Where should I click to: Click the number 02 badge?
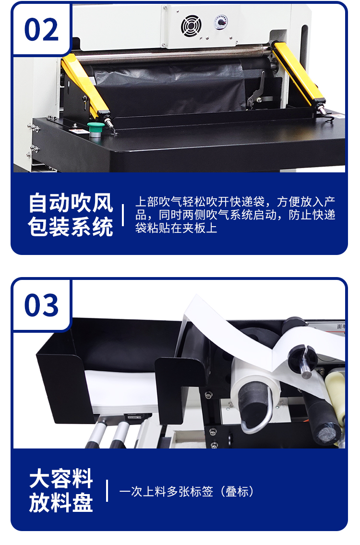(x=41, y=29)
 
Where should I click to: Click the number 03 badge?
(x=41, y=305)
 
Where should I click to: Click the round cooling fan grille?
(x=191, y=26)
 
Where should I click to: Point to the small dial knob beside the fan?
(x=221, y=22)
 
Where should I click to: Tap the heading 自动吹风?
(x=71, y=203)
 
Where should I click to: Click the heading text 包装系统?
(x=71, y=227)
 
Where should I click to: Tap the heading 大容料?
(x=61, y=479)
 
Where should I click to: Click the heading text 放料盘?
(x=61, y=503)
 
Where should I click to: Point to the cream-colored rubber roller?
(x=336, y=394)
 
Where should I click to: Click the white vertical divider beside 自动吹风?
(x=123, y=215)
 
